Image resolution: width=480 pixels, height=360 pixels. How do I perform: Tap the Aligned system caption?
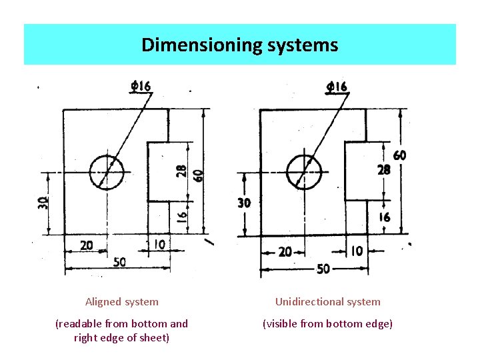click(122, 302)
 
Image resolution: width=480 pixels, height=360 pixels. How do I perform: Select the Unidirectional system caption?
click(328, 302)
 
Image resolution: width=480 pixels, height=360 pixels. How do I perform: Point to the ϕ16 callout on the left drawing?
click(141, 86)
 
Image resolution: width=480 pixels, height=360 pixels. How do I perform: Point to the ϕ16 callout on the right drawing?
click(337, 87)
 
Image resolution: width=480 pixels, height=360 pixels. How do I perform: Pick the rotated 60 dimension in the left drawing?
click(198, 175)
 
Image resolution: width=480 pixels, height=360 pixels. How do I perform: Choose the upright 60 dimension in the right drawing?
click(399, 155)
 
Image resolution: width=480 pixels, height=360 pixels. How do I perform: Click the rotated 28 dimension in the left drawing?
click(182, 171)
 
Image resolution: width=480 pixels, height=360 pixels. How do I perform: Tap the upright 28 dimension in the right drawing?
click(383, 170)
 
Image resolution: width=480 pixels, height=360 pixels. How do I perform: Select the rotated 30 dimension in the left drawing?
click(43, 203)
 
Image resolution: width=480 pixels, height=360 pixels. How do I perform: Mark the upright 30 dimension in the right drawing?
click(245, 203)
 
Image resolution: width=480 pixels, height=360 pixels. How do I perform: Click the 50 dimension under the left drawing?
click(119, 262)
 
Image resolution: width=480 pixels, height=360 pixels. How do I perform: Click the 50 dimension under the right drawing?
click(323, 269)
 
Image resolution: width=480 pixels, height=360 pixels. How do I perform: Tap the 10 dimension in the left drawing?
click(159, 245)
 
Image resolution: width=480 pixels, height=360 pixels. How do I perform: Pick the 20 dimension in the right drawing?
click(285, 251)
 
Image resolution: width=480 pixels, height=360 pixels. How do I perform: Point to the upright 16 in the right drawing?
click(385, 217)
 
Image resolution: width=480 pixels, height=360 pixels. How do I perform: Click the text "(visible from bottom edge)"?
click(328, 324)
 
